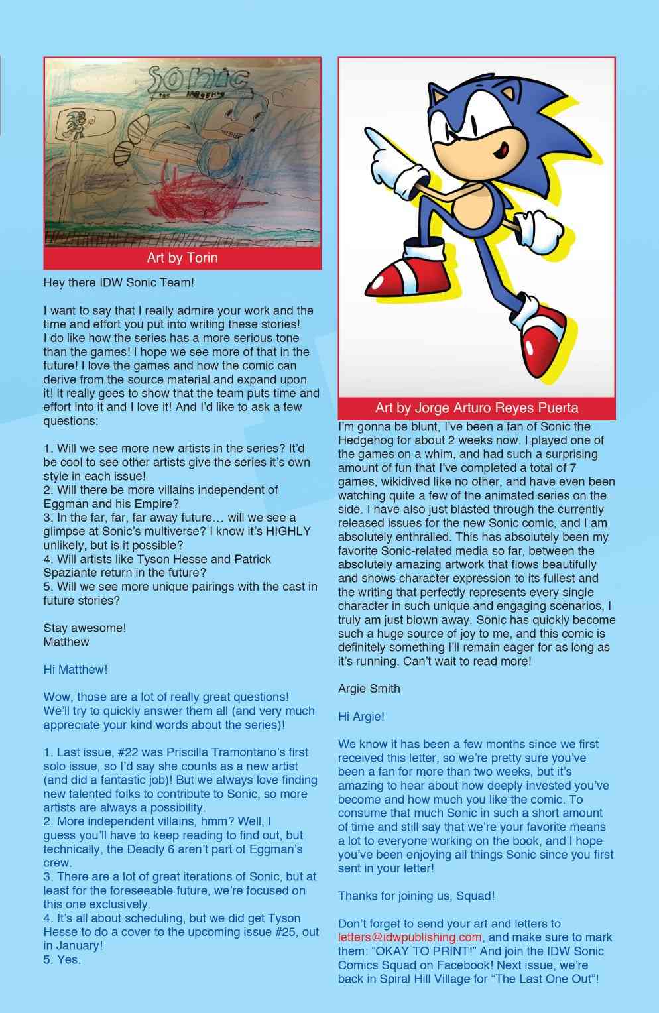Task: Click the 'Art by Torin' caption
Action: coord(182,257)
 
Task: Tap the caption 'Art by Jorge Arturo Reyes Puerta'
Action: coord(477,407)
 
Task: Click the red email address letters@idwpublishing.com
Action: coord(410,937)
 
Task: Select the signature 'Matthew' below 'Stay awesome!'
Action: coord(66,642)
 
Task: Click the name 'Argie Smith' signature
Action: coord(369,688)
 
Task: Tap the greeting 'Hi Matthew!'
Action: coord(75,670)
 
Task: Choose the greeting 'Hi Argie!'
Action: coord(361,716)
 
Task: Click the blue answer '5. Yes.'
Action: coord(62,959)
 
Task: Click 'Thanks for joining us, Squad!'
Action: coord(416,896)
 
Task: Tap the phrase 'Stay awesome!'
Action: coord(84,628)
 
